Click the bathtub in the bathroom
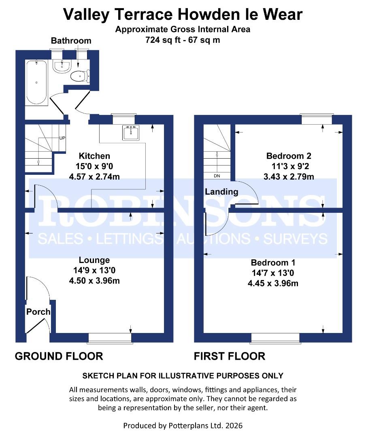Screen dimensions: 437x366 [x=36, y=83]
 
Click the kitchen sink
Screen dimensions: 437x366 [x=131, y=132]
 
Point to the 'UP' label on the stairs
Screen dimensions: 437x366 [x=62, y=138]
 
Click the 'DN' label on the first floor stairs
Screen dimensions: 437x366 [x=217, y=176]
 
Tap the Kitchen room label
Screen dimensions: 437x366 [x=94, y=156]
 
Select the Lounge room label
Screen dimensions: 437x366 [x=94, y=260]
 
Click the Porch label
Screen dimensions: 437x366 [x=38, y=312]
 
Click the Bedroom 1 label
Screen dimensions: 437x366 [x=273, y=263]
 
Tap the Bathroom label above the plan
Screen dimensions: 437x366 [x=71, y=41]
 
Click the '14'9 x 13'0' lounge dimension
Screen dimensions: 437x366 [x=94, y=270]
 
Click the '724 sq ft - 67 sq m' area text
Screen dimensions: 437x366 [x=183, y=40]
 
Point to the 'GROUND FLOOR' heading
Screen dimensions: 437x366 [x=59, y=356]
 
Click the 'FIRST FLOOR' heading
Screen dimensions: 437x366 [x=230, y=356]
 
